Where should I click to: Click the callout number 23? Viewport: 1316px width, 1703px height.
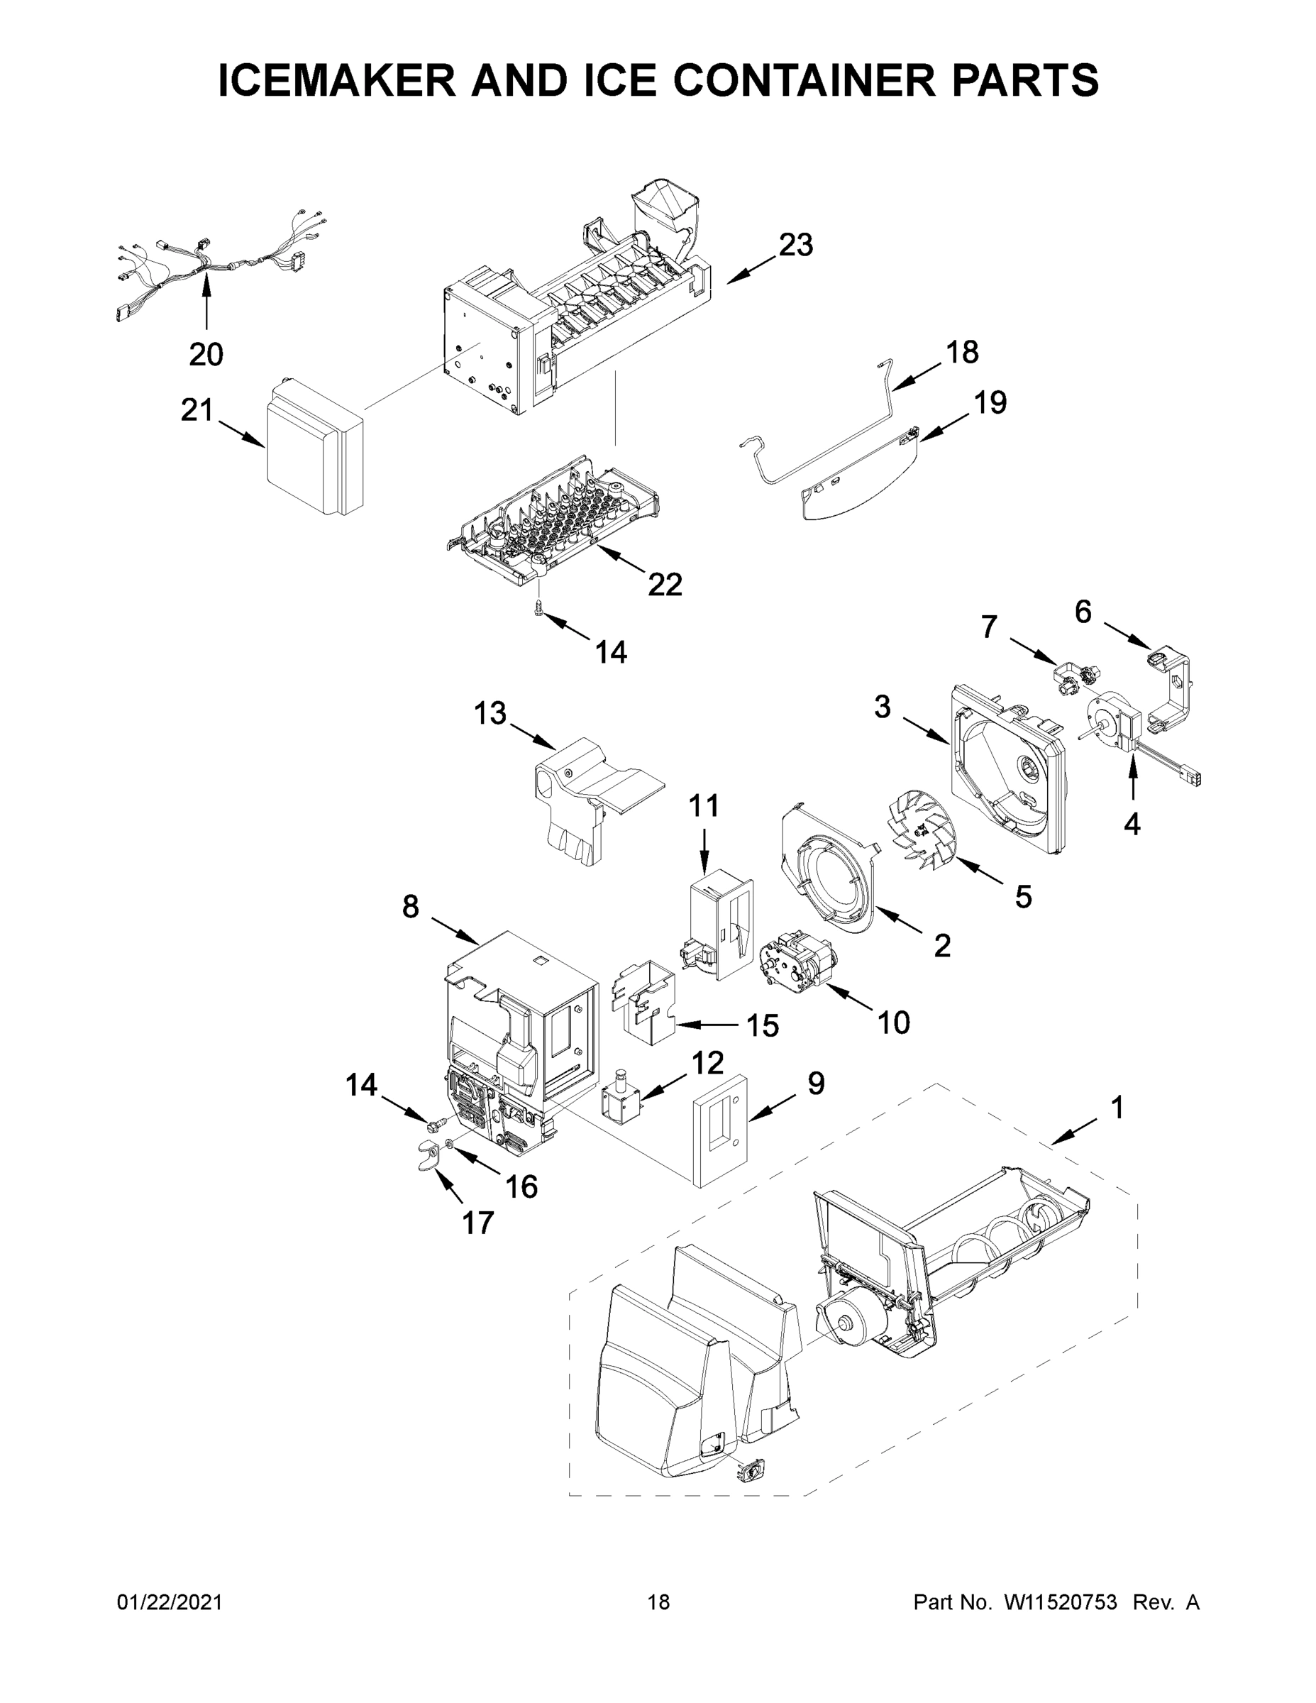[796, 245]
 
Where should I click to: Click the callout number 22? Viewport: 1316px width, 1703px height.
[665, 584]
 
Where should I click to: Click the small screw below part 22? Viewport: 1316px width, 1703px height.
[538, 607]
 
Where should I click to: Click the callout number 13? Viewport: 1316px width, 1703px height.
[490, 713]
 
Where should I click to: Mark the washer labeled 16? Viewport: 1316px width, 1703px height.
[451, 1144]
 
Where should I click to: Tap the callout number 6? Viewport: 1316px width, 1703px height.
[1083, 612]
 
